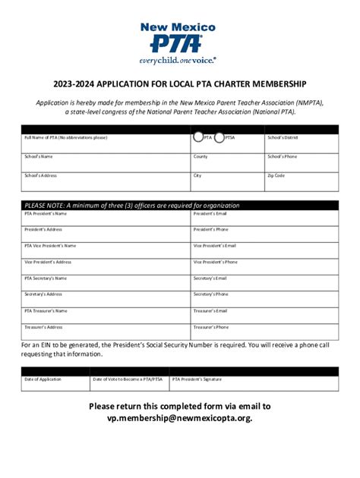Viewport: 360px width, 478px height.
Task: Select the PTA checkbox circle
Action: pos(197,137)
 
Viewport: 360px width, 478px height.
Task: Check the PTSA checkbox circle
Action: pos(219,137)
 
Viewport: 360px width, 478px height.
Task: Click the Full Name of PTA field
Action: pos(106,143)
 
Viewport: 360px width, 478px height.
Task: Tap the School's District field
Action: pos(301,143)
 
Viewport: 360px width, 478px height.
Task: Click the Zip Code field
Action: pos(301,181)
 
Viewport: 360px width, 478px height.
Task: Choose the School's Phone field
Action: pos(301,162)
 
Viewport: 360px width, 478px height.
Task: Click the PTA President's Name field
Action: pos(106,218)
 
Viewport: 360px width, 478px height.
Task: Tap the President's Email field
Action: pos(264,218)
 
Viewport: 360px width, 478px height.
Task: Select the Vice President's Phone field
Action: pos(264,266)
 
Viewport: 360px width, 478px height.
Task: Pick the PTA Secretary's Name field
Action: pos(106,282)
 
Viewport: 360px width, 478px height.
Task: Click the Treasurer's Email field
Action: pos(264,315)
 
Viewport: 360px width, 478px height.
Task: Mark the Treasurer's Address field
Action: pos(106,331)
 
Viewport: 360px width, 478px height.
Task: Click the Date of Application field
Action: pos(55,382)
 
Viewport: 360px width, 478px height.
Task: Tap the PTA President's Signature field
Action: pos(254,382)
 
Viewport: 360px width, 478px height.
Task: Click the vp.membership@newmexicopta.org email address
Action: pos(179,418)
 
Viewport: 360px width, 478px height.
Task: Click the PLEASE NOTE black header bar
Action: pos(179,205)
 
